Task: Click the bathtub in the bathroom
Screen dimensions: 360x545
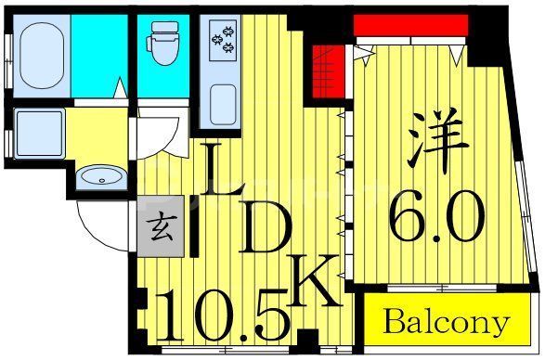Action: [38, 55]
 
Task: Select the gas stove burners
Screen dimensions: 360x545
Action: [224, 40]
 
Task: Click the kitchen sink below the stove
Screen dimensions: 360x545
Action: [223, 101]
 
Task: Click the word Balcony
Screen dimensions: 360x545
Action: [446, 322]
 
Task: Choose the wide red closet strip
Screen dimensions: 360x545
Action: [409, 24]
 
